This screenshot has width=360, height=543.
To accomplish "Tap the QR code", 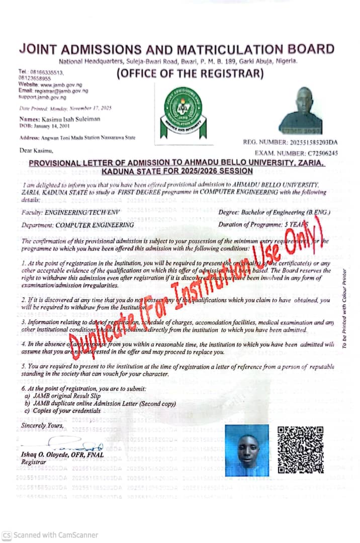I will point(301,450).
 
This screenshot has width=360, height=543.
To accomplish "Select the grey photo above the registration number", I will point(301,111).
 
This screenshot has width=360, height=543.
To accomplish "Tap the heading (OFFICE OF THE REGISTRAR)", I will point(190,74).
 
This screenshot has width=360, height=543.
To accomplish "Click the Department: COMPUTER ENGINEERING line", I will point(78,225).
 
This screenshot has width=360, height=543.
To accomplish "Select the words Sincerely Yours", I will point(43,426).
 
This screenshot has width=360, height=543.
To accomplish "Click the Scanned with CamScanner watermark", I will point(50,535).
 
